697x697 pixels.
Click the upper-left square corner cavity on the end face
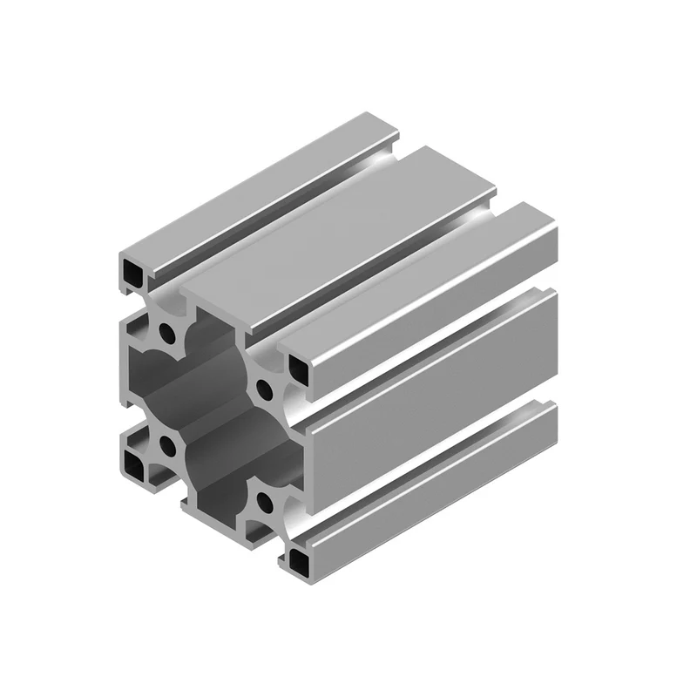coord(133,274)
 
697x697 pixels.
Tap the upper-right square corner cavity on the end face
coord(299,369)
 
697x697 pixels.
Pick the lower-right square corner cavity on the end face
coord(299,558)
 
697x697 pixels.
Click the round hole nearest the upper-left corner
coord(165,331)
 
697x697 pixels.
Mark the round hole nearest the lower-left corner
coord(166,449)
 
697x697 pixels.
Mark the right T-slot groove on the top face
coord(383,266)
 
